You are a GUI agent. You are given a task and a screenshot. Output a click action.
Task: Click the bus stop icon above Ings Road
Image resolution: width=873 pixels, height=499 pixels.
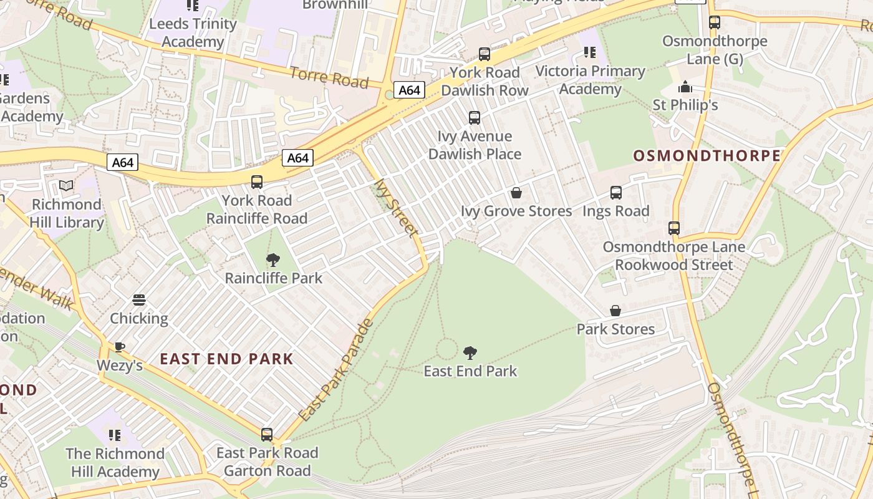[x=616, y=193]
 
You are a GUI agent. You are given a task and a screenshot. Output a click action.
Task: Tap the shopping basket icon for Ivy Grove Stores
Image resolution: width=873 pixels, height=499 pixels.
[x=516, y=193]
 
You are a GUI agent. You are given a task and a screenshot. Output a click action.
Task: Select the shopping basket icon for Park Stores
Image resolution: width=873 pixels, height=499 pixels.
[x=615, y=311]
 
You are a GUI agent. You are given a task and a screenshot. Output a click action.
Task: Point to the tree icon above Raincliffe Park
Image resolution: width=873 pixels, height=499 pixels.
[x=273, y=260]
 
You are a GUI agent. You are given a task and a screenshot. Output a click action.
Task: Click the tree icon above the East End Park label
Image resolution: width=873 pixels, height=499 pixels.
[x=470, y=354]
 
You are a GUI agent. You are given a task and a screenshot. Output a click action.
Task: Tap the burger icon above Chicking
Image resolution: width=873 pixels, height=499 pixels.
[x=139, y=300]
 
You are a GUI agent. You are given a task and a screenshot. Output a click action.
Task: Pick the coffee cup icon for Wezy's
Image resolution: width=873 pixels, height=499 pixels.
[x=119, y=347]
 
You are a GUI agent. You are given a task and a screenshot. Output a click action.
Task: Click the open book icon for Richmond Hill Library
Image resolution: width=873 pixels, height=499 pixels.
[x=66, y=186]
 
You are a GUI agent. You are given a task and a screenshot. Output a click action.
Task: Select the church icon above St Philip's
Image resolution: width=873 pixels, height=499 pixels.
[x=685, y=87]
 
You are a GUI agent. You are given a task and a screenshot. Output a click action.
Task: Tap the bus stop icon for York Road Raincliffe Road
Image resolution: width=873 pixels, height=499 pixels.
[x=256, y=182]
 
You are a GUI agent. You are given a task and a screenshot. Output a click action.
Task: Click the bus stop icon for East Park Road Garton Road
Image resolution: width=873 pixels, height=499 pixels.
[x=267, y=434]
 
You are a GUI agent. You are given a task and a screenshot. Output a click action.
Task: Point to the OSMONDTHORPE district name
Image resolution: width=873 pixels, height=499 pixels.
[x=707, y=156]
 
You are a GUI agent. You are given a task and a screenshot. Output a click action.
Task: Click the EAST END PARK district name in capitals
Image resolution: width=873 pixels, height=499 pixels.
[x=226, y=359]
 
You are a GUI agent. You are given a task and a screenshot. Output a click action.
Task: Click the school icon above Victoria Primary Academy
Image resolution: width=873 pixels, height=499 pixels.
[x=589, y=52]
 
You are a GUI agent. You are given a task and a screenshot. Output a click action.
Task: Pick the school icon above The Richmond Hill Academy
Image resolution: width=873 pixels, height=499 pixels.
[x=115, y=435]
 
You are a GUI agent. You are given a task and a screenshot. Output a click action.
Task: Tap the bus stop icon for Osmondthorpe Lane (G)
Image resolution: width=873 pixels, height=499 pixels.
[x=715, y=22]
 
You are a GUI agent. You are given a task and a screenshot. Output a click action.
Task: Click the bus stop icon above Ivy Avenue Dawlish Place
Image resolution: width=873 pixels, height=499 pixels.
[x=475, y=117]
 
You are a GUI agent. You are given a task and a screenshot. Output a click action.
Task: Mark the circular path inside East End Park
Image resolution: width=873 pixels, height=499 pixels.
[x=446, y=349]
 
